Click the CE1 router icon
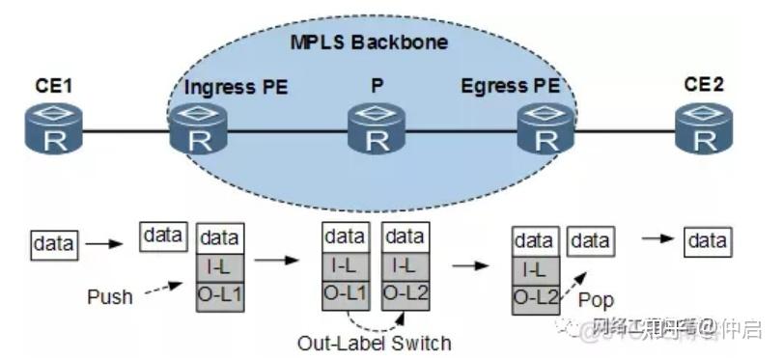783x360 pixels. (51, 129)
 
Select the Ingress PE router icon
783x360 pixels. (200, 129)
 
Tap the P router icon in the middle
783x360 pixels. (377, 129)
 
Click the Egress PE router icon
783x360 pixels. (545, 129)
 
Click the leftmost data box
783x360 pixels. (53, 244)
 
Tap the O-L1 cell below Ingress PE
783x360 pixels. (221, 291)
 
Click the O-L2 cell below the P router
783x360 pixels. (405, 291)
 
